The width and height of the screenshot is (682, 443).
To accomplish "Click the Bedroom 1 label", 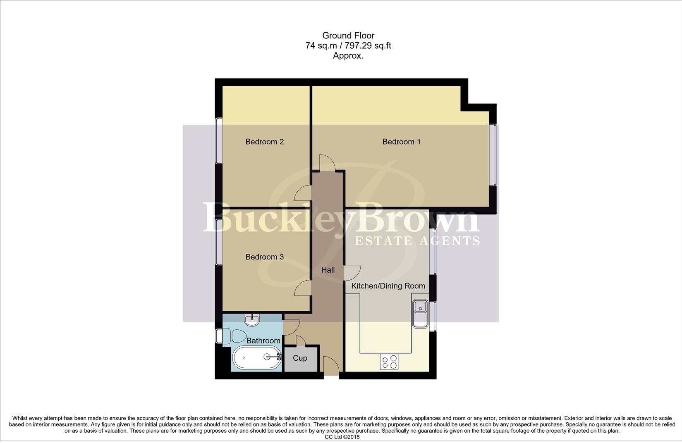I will click(401, 142).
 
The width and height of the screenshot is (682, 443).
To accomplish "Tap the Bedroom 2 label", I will click(264, 142).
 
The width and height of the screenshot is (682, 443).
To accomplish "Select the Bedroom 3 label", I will click(264, 257).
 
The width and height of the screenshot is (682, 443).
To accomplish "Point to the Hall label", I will click(328, 270).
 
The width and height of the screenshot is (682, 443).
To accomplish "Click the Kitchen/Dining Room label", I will click(388, 286).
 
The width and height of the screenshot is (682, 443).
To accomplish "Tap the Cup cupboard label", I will click(300, 358).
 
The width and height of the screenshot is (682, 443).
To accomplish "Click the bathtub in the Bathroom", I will click(256, 357).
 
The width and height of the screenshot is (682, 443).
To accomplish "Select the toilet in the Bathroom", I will click(234, 336).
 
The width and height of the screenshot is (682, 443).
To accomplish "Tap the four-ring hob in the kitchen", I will click(389, 362).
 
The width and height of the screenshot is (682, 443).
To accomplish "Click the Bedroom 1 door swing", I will click(327, 162).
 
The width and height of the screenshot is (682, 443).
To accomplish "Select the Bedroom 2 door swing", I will click(304, 193).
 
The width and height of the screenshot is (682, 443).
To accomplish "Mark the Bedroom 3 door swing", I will click(303, 288).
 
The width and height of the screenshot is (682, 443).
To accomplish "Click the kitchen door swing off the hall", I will click(352, 273).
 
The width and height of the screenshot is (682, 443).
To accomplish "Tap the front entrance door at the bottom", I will click(331, 366).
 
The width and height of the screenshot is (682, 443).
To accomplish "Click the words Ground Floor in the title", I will click(348, 36).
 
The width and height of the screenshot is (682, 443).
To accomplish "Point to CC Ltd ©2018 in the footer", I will click(342, 437).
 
